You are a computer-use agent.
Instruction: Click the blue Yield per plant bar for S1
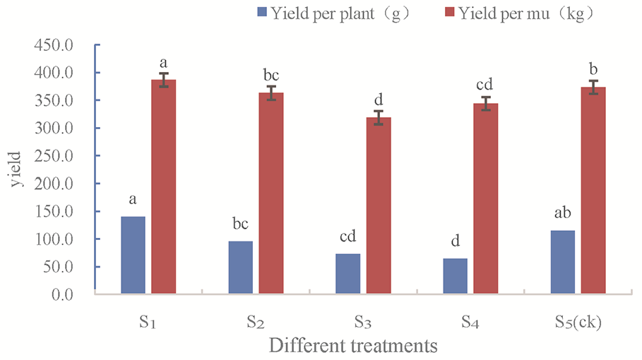[133, 255]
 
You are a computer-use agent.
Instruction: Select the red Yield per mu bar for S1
[164, 186]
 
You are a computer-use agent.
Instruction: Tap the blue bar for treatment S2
[240, 268]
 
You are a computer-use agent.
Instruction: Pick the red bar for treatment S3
[379, 205]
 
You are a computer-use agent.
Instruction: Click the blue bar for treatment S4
[455, 276]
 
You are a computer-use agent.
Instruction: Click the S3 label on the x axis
[362, 323]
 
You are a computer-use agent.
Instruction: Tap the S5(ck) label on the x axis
[578, 323]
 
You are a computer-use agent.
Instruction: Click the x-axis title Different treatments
[353, 346]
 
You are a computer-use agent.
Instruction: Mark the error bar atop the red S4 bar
[486, 103]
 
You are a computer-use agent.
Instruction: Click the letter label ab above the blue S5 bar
[562, 214]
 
